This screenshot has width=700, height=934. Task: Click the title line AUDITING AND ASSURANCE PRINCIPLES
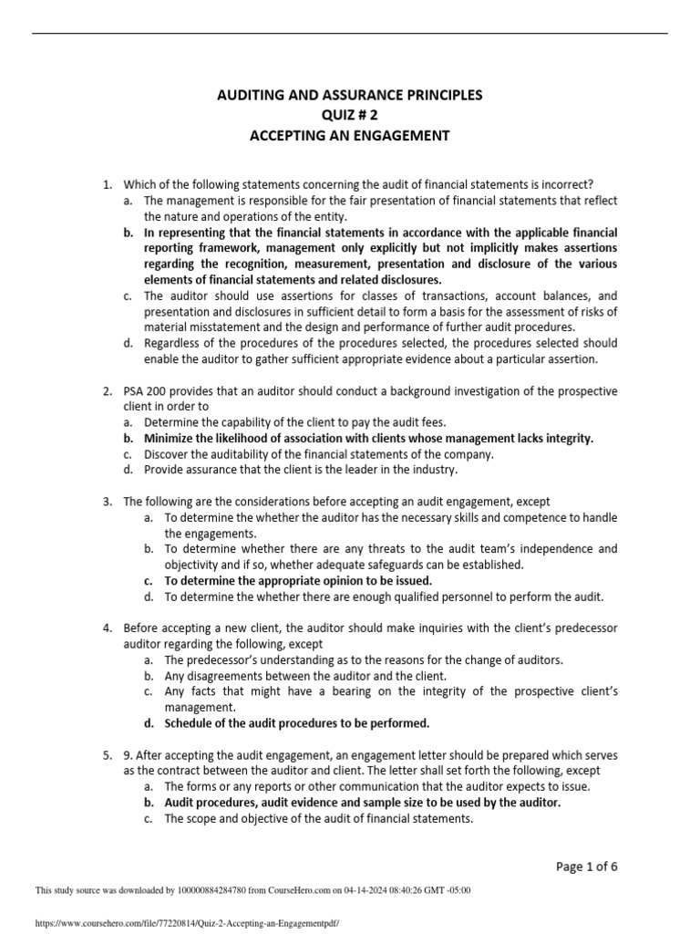tap(350, 95)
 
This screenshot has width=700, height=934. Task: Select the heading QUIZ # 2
tap(350, 115)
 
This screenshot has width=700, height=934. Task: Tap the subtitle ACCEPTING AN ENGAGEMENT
tap(350, 136)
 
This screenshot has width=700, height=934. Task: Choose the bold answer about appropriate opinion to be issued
tap(298, 580)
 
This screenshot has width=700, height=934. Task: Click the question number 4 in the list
tap(107, 628)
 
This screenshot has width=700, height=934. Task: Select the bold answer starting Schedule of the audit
tap(296, 723)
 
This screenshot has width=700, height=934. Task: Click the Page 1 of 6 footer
tap(592, 866)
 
